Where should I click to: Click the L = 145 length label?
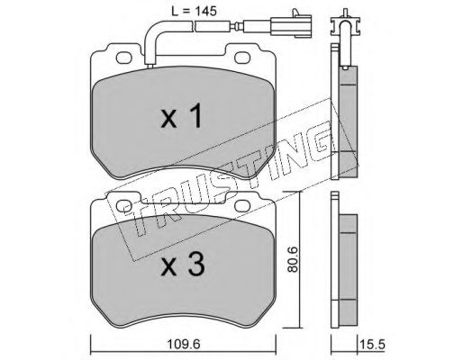[194, 12]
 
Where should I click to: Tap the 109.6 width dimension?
[184, 345]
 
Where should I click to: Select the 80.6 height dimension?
[292, 259]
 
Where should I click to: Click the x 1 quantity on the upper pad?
[181, 116]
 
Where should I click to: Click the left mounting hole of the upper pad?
[124, 58]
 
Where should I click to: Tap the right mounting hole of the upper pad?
[242, 58]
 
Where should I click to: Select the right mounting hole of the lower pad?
[242, 206]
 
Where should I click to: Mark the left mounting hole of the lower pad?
[124, 206]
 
